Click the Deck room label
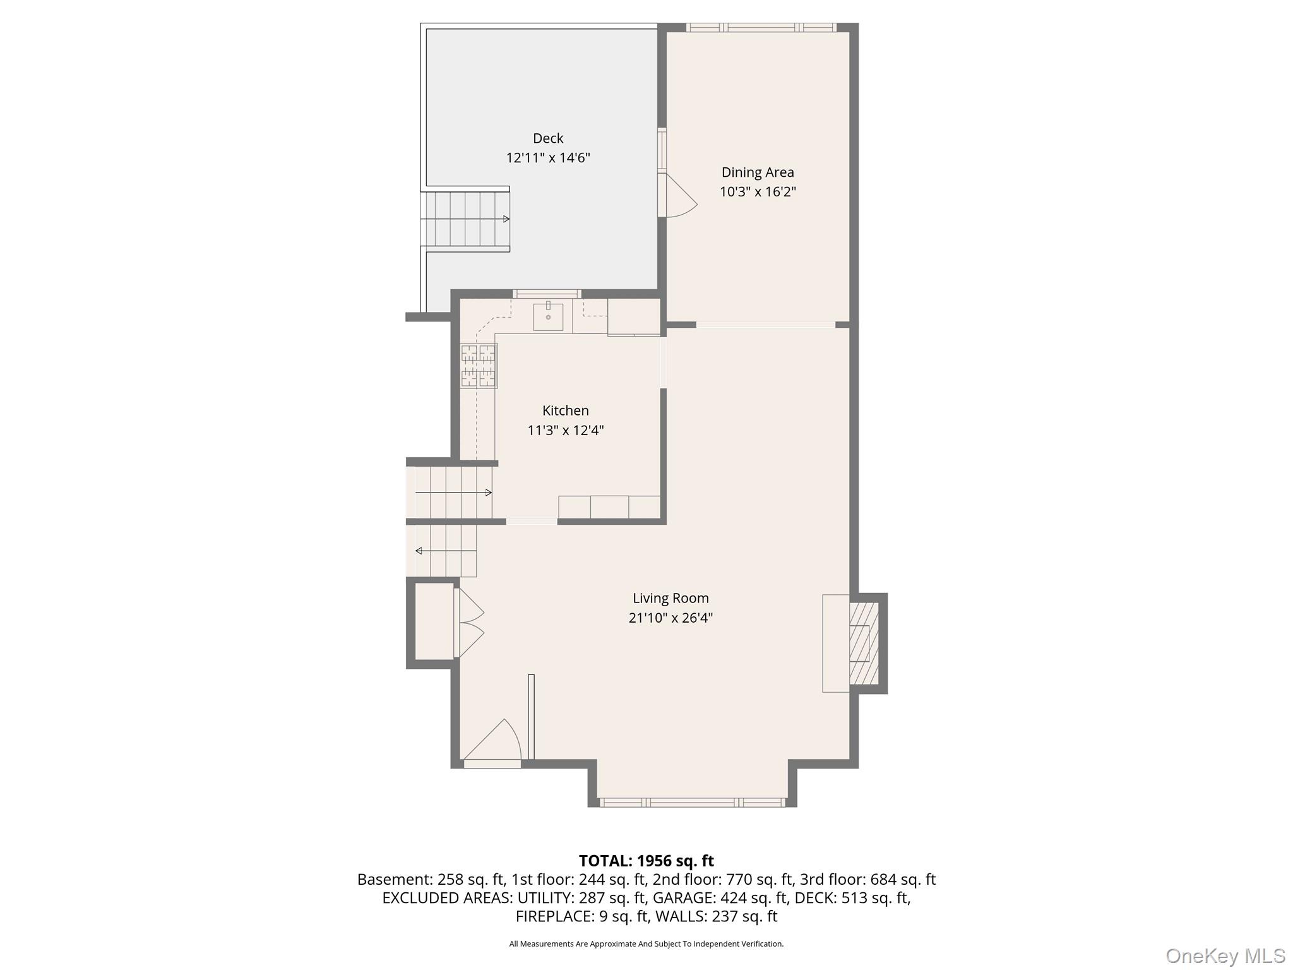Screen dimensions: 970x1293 coord(547,138)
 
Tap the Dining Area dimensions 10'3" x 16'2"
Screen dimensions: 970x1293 coord(757,192)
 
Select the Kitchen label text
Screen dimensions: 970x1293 coord(565,410)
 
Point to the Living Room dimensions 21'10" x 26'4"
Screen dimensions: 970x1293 coord(670,618)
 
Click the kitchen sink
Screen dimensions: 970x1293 coord(547,317)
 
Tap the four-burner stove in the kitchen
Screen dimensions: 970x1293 coord(479,365)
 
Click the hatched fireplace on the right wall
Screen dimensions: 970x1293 coord(864,643)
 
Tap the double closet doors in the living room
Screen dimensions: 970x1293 coord(468,623)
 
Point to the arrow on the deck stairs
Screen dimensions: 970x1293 coord(506,219)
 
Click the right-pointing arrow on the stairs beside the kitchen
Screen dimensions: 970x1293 coord(488,493)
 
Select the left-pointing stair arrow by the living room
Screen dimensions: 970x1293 coord(419,551)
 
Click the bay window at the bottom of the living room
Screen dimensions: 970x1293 coord(692,802)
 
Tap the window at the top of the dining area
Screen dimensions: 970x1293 coord(761,27)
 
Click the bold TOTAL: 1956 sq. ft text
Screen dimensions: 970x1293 coord(646,861)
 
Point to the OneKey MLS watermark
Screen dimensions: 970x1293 coord(1225,955)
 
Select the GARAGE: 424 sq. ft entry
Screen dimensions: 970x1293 coord(720,897)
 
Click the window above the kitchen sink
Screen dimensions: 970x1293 coord(547,293)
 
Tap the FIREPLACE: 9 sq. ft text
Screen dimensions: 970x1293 coord(581,916)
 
